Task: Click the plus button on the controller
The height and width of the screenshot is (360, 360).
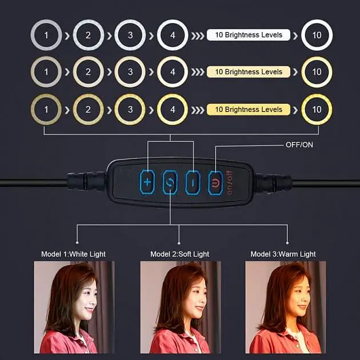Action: pos(147,182)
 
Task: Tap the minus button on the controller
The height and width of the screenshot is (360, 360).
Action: pos(193,182)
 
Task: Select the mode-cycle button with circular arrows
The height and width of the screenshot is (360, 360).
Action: pos(170,182)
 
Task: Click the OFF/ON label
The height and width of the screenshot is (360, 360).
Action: pos(299,145)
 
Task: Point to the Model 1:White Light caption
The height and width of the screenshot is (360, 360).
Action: pos(73,254)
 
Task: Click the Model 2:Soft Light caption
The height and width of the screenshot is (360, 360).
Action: pos(180,254)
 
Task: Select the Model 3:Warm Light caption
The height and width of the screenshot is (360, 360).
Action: pos(283,254)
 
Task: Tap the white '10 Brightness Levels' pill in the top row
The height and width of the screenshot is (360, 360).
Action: pos(249,35)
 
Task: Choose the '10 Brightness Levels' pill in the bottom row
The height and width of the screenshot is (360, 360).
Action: pos(249,110)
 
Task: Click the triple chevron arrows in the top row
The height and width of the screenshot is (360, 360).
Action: pos(198,36)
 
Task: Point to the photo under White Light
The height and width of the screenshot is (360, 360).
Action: pos(74,307)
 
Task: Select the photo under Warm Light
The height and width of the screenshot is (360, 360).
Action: pos(286,307)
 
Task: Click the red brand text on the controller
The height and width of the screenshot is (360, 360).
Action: pos(229,183)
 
